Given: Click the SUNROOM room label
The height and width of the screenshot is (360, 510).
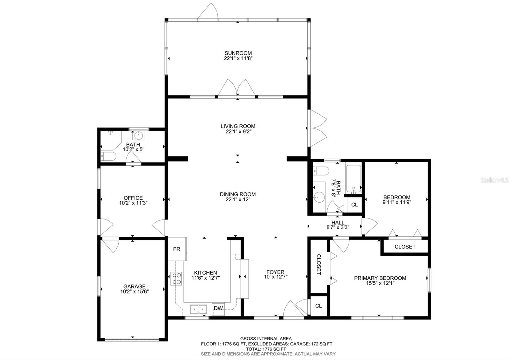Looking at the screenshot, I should [238, 53].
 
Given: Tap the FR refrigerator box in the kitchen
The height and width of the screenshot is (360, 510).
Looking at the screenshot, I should [177, 249].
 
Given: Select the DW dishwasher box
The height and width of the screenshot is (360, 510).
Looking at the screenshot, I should [218, 308].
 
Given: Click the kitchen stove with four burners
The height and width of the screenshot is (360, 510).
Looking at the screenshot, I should [176, 279].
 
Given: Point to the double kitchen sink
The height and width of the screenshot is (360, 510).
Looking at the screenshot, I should [198, 309].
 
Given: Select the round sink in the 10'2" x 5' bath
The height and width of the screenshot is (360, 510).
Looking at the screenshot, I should [139, 136].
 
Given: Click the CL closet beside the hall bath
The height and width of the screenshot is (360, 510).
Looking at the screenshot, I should [354, 205].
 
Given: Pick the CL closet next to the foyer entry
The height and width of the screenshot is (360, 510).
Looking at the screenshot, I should [318, 306].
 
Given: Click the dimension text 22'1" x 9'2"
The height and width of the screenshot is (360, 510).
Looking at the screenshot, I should [238, 131].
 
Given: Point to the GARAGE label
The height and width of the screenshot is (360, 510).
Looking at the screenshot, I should [135, 286].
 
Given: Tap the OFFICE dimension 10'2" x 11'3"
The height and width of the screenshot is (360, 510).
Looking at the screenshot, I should [133, 203].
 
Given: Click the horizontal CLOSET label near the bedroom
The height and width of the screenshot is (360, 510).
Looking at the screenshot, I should [405, 247].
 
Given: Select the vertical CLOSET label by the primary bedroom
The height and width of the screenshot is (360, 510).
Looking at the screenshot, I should [318, 264].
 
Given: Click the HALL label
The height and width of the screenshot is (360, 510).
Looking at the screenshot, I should [338, 223].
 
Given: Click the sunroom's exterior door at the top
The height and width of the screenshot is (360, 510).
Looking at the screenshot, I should [208, 12].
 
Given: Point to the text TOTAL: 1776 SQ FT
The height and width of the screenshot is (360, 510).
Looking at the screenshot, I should [266, 349].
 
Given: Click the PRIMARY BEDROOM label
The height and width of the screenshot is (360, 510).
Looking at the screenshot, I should [380, 278].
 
